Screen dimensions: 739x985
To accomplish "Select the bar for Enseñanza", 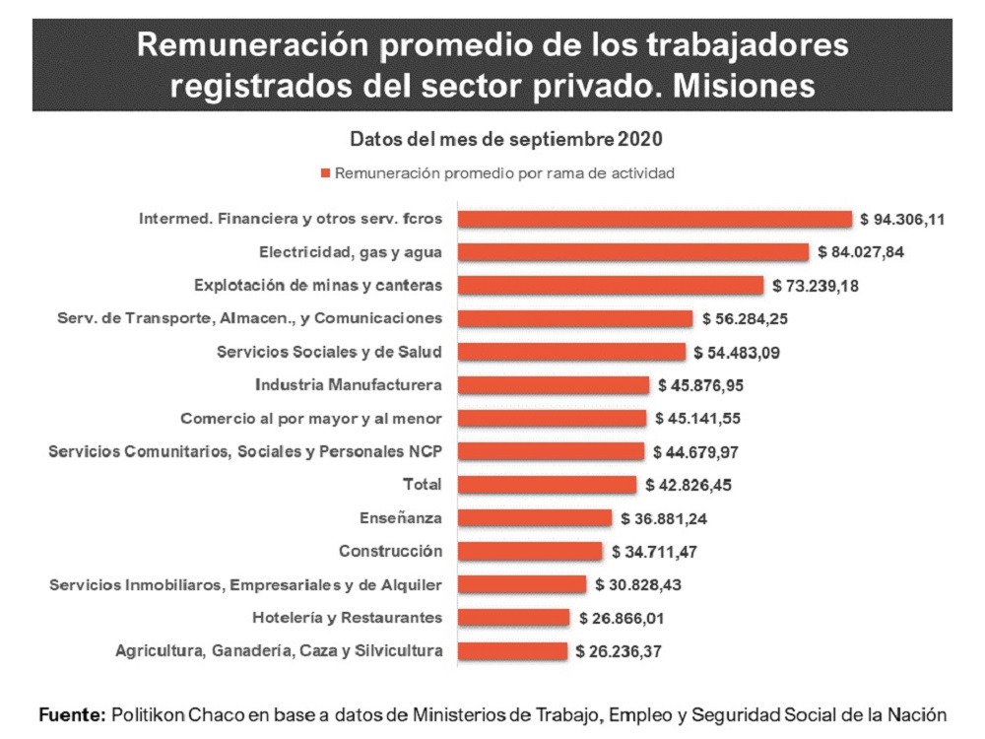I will [535, 518].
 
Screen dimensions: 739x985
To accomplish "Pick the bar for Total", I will [548, 485].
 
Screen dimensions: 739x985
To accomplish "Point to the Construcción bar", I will [530, 552].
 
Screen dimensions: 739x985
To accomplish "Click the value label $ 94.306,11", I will [902, 219].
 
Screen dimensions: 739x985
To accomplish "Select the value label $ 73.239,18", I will [815, 286].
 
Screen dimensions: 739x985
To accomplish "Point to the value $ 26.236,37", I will [619, 651].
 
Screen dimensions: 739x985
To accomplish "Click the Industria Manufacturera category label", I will [348, 384].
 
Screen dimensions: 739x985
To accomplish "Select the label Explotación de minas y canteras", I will [318, 285].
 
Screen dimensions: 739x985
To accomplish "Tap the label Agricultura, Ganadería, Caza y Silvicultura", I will [279, 650].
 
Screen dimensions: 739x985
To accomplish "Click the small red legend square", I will [325, 173].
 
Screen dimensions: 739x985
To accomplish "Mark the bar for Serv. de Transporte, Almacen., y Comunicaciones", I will [575, 318].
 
